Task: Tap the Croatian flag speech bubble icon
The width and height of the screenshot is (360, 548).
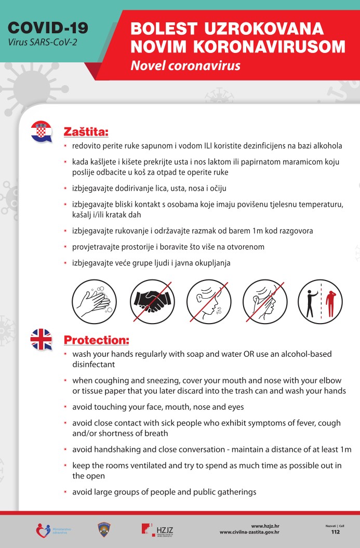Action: tap(42, 131)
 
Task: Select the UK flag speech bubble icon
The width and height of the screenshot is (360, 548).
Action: tap(42, 339)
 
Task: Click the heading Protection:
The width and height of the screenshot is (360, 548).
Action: tap(96, 340)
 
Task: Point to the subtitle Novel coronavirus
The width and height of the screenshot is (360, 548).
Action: tap(185, 66)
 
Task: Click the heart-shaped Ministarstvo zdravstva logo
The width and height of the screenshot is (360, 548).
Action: tap(43, 530)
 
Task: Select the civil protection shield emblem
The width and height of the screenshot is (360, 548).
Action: tap(103, 529)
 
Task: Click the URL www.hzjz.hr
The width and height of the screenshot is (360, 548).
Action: tap(265, 526)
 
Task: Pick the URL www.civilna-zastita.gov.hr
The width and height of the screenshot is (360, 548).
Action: tap(250, 532)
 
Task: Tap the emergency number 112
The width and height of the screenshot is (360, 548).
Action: tap(335, 532)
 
